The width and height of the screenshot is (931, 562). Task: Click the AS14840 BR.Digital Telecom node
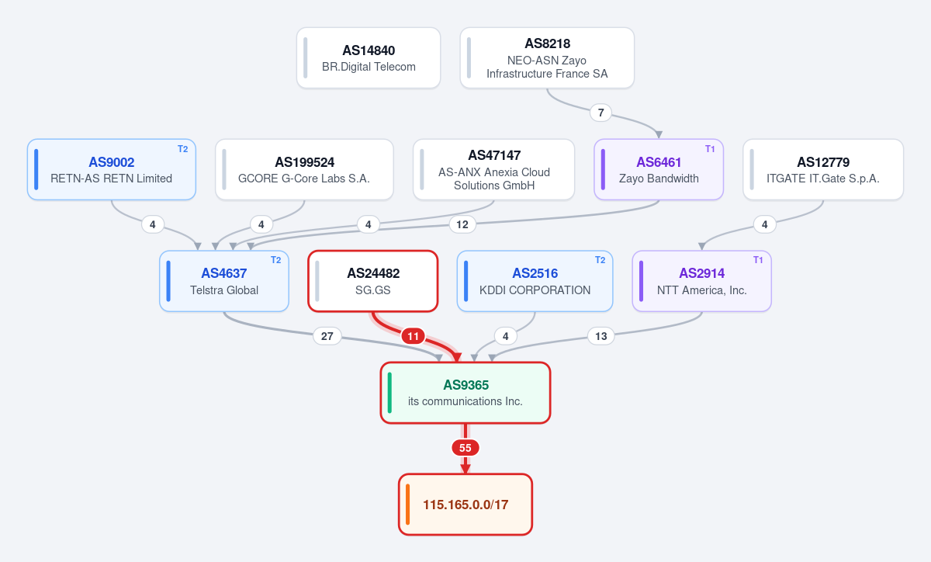point(369,57)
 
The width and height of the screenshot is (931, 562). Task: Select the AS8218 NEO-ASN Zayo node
point(547,57)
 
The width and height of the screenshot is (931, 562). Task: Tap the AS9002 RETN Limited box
point(112,169)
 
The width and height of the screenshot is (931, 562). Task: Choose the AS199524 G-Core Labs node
point(304,169)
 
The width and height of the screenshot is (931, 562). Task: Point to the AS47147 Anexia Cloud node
point(493,169)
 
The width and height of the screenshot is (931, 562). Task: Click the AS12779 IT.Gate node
point(823,169)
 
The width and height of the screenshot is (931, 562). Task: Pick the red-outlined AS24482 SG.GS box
point(373,281)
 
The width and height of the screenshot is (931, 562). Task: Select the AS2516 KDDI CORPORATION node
point(535,281)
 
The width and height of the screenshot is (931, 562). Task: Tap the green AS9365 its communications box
point(465,393)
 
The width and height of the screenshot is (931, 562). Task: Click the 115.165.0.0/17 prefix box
point(465,505)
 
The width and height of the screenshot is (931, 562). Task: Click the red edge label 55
point(465,448)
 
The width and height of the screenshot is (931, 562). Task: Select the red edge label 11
point(413,336)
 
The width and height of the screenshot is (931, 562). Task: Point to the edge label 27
point(327,336)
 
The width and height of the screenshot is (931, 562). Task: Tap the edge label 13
point(601,336)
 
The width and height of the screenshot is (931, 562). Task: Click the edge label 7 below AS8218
point(600,113)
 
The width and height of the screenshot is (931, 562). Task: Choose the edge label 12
point(462,224)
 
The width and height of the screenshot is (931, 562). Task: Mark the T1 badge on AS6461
point(710,149)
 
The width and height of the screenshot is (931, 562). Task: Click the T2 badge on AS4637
point(276,260)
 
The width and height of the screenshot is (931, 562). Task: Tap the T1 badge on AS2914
point(758,260)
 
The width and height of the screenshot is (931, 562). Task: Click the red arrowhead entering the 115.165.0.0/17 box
point(465,469)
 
